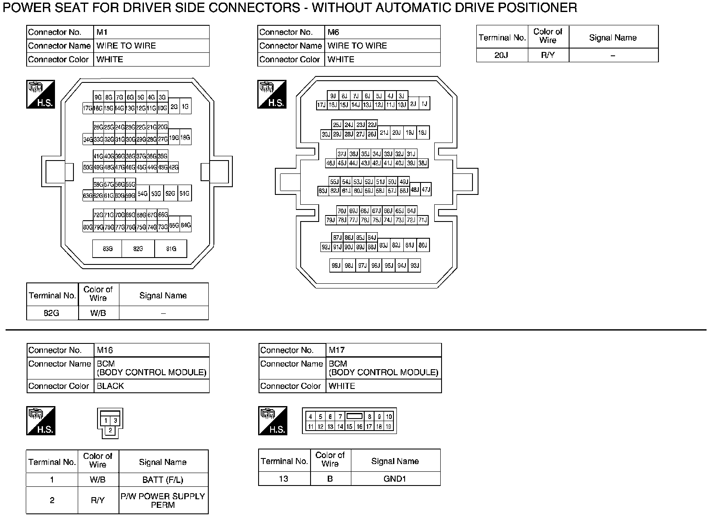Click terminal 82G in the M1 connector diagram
click(138, 249)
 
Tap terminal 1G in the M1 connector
click(185, 106)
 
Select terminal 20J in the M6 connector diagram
click(396, 133)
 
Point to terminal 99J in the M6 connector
click(336, 266)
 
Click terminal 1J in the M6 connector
click(424, 103)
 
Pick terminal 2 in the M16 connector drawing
click(110, 430)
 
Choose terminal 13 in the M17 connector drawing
click(330, 426)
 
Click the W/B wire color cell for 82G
click(98, 313)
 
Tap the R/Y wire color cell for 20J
click(548, 55)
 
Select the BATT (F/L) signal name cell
click(163, 480)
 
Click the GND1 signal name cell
click(395, 479)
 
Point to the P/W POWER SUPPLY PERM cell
click(163, 500)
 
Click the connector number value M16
click(105, 350)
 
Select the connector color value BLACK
click(110, 386)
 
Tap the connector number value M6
click(334, 32)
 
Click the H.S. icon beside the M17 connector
click(272, 421)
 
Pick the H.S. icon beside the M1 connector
click(40, 94)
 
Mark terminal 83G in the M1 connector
click(107, 249)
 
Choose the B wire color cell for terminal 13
click(330, 479)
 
